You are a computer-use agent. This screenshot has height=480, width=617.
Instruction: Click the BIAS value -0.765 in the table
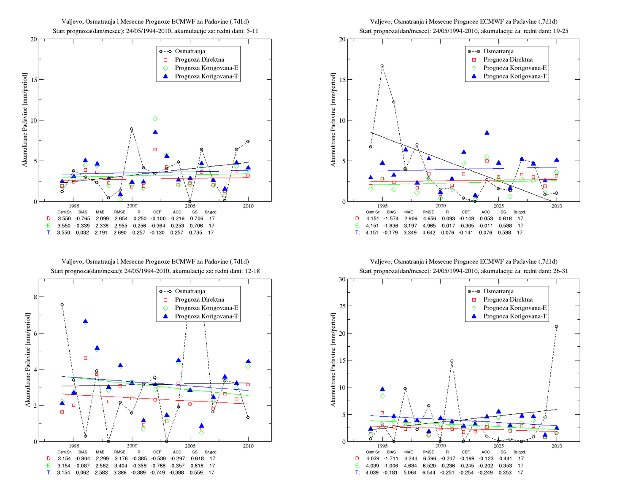(82, 218)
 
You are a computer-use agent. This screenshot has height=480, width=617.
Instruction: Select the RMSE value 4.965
(429, 226)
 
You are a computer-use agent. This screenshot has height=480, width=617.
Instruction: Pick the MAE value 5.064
(410, 472)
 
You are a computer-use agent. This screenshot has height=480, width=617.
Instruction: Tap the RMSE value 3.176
(121, 458)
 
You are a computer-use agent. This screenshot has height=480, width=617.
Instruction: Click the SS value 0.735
(196, 232)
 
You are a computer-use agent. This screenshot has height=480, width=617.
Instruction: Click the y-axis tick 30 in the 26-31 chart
(342, 279)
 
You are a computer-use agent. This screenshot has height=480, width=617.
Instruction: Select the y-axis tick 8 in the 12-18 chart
(35, 297)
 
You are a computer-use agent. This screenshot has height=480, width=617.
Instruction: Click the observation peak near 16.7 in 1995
(382, 66)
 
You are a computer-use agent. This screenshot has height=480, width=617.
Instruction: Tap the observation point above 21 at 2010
(556, 326)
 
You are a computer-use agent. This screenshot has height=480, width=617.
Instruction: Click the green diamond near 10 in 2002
(155, 119)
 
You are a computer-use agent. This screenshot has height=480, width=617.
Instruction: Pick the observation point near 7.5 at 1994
(62, 305)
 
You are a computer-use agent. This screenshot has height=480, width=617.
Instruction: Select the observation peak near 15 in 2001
(452, 361)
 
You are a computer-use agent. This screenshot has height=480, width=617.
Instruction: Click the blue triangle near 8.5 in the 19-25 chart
(487, 133)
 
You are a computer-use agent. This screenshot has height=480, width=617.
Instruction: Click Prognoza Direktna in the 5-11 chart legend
(199, 59)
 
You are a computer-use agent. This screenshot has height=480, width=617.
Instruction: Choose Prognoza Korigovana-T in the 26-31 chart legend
(515, 316)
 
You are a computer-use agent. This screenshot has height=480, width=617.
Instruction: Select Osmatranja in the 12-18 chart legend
(190, 291)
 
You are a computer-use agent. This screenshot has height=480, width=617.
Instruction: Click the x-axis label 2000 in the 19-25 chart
(441, 206)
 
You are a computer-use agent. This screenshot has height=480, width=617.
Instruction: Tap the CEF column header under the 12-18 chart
(157, 452)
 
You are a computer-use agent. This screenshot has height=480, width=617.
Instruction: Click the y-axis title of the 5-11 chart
(25, 120)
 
